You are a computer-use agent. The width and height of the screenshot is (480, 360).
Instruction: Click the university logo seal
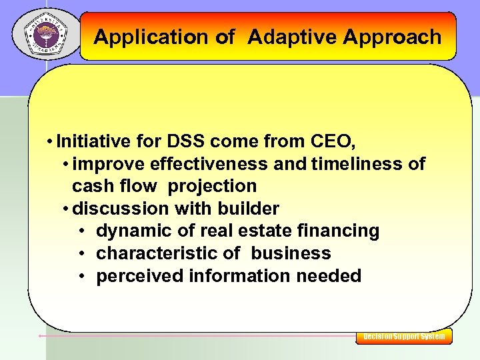[45, 33]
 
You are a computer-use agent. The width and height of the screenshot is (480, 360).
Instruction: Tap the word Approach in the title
[392, 37]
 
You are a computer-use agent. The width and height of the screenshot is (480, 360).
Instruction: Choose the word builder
[248, 209]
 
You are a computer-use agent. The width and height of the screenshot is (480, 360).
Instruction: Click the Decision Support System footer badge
[404, 337]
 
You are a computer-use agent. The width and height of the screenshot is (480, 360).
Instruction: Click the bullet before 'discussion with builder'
[65, 209]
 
